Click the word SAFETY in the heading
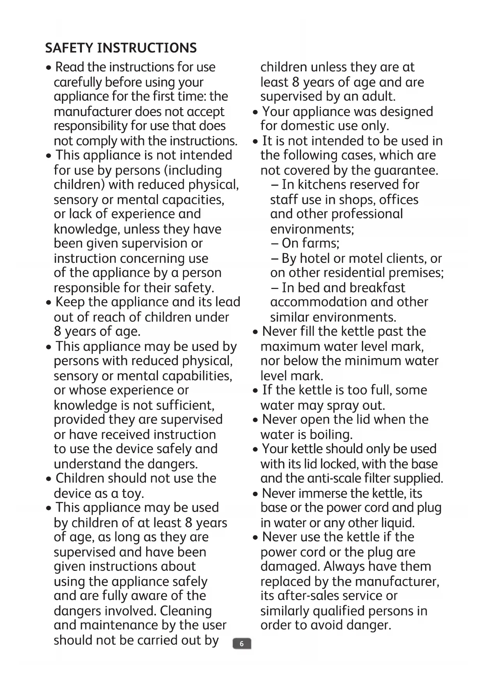[69, 48]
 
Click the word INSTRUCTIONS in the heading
[147, 48]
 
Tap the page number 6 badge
[242, 643]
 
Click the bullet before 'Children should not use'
[48, 479]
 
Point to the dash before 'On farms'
[275, 243]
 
